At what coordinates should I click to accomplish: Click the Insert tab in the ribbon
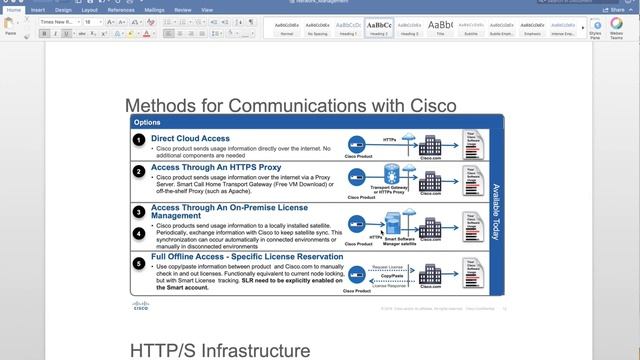[37, 9]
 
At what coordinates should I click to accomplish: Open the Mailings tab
[154, 9]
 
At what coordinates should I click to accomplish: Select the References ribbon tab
[120, 9]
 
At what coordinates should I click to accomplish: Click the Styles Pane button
[596, 27]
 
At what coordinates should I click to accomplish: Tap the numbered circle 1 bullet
[139, 141]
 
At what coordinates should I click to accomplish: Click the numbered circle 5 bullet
[139, 264]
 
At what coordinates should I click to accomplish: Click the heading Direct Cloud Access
[190, 138]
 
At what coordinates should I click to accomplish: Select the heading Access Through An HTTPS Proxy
[215, 167]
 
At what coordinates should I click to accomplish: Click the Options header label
[147, 122]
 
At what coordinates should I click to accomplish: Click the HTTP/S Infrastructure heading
[220, 349]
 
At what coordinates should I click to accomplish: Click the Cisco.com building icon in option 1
[432, 143]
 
